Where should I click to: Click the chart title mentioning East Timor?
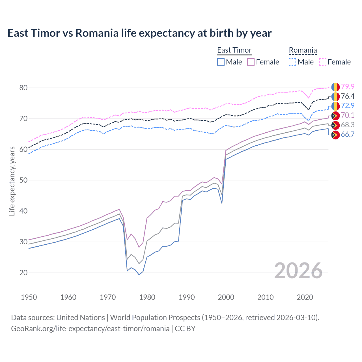click(x=139, y=33)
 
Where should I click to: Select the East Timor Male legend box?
click(x=221, y=62)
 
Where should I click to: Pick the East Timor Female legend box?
click(x=251, y=62)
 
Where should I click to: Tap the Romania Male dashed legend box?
click(x=292, y=62)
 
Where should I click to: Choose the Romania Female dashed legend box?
click(x=322, y=62)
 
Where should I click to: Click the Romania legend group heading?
click(x=303, y=50)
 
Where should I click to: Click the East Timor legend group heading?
click(x=234, y=50)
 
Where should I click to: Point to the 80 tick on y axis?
click(x=23, y=88)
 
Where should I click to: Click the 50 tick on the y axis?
click(x=23, y=180)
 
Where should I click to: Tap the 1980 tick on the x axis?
click(x=147, y=297)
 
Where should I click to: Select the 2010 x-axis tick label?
click(x=265, y=297)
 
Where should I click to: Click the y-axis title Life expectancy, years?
click(x=12, y=181)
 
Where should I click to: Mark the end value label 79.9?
click(x=348, y=87)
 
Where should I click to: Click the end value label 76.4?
click(x=348, y=96)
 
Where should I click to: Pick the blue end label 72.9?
click(x=348, y=105)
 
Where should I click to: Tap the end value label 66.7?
click(x=348, y=134)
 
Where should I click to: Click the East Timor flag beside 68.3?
click(x=335, y=125)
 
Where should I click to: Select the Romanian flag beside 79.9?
click(x=335, y=87)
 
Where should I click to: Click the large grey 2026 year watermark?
click(x=298, y=271)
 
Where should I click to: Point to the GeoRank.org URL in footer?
click(x=90, y=329)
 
